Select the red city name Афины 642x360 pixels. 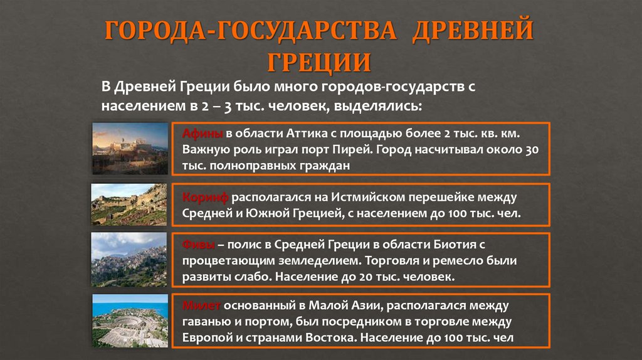point(202,134)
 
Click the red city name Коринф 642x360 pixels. point(205,198)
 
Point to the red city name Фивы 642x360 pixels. point(199,244)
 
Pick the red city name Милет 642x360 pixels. point(201,305)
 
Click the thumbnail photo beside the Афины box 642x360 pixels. point(129,148)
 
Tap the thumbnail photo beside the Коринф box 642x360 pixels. point(129,204)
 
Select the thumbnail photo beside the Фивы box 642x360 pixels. point(129,259)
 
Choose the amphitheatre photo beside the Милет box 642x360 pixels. point(129,320)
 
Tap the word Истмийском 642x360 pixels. point(369,198)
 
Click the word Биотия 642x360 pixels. point(451,244)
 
